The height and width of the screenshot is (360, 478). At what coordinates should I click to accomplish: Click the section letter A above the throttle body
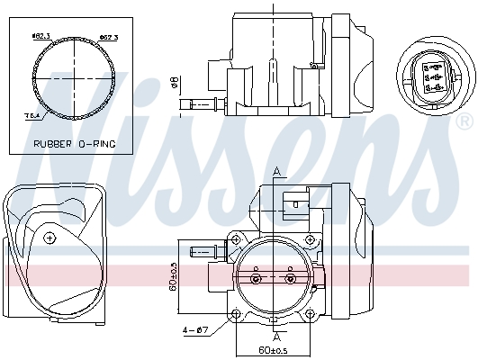(x=276, y=171)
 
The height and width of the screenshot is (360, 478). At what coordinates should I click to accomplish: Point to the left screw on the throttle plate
(x=255, y=279)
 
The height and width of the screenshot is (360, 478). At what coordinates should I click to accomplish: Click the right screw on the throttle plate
(x=289, y=279)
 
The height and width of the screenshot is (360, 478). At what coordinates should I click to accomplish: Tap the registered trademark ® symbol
(x=463, y=120)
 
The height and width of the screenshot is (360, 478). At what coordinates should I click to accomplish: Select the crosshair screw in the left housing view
(x=50, y=238)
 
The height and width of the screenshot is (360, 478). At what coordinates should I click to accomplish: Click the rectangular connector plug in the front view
(x=294, y=203)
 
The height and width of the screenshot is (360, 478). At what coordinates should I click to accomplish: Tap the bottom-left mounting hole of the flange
(x=236, y=314)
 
